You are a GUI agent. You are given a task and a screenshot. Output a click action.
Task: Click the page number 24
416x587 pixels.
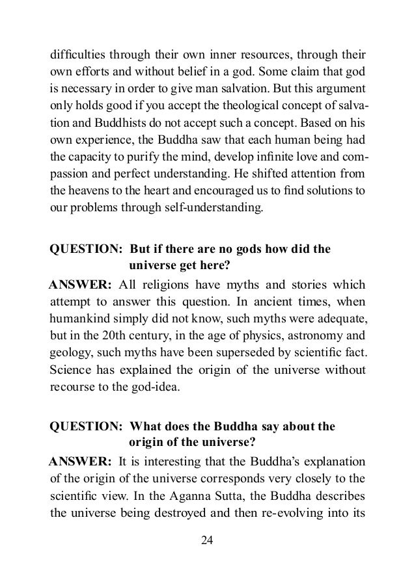pos(208,541)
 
